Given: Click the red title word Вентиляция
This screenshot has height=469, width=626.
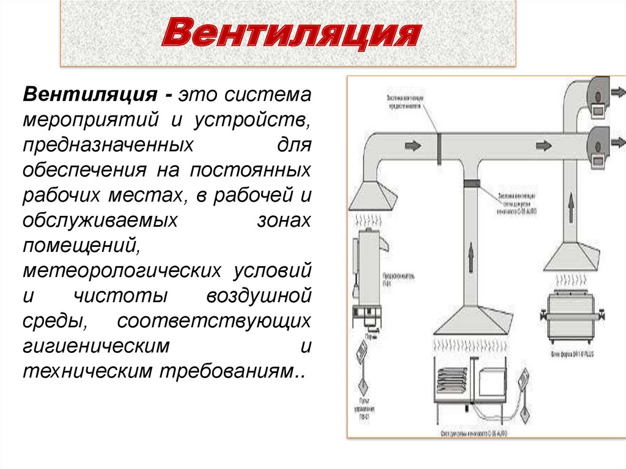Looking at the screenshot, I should pyautogui.click(x=290, y=34).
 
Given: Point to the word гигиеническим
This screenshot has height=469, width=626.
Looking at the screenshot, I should pyautogui.click(x=96, y=345).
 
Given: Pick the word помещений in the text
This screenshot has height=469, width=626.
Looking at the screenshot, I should pyautogui.click(x=79, y=245).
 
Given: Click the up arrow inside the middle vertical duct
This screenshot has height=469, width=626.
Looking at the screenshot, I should pyautogui.click(x=471, y=257).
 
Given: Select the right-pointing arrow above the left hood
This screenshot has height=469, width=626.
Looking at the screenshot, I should pyautogui.click(x=413, y=147).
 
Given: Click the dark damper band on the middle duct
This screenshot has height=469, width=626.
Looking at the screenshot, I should pyautogui.click(x=471, y=183).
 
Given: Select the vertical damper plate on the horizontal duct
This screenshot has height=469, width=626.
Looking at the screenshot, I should pyautogui.click(x=439, y=147).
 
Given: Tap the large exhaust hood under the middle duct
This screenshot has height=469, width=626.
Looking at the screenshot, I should pyautogui.click(x=471, y=321).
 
